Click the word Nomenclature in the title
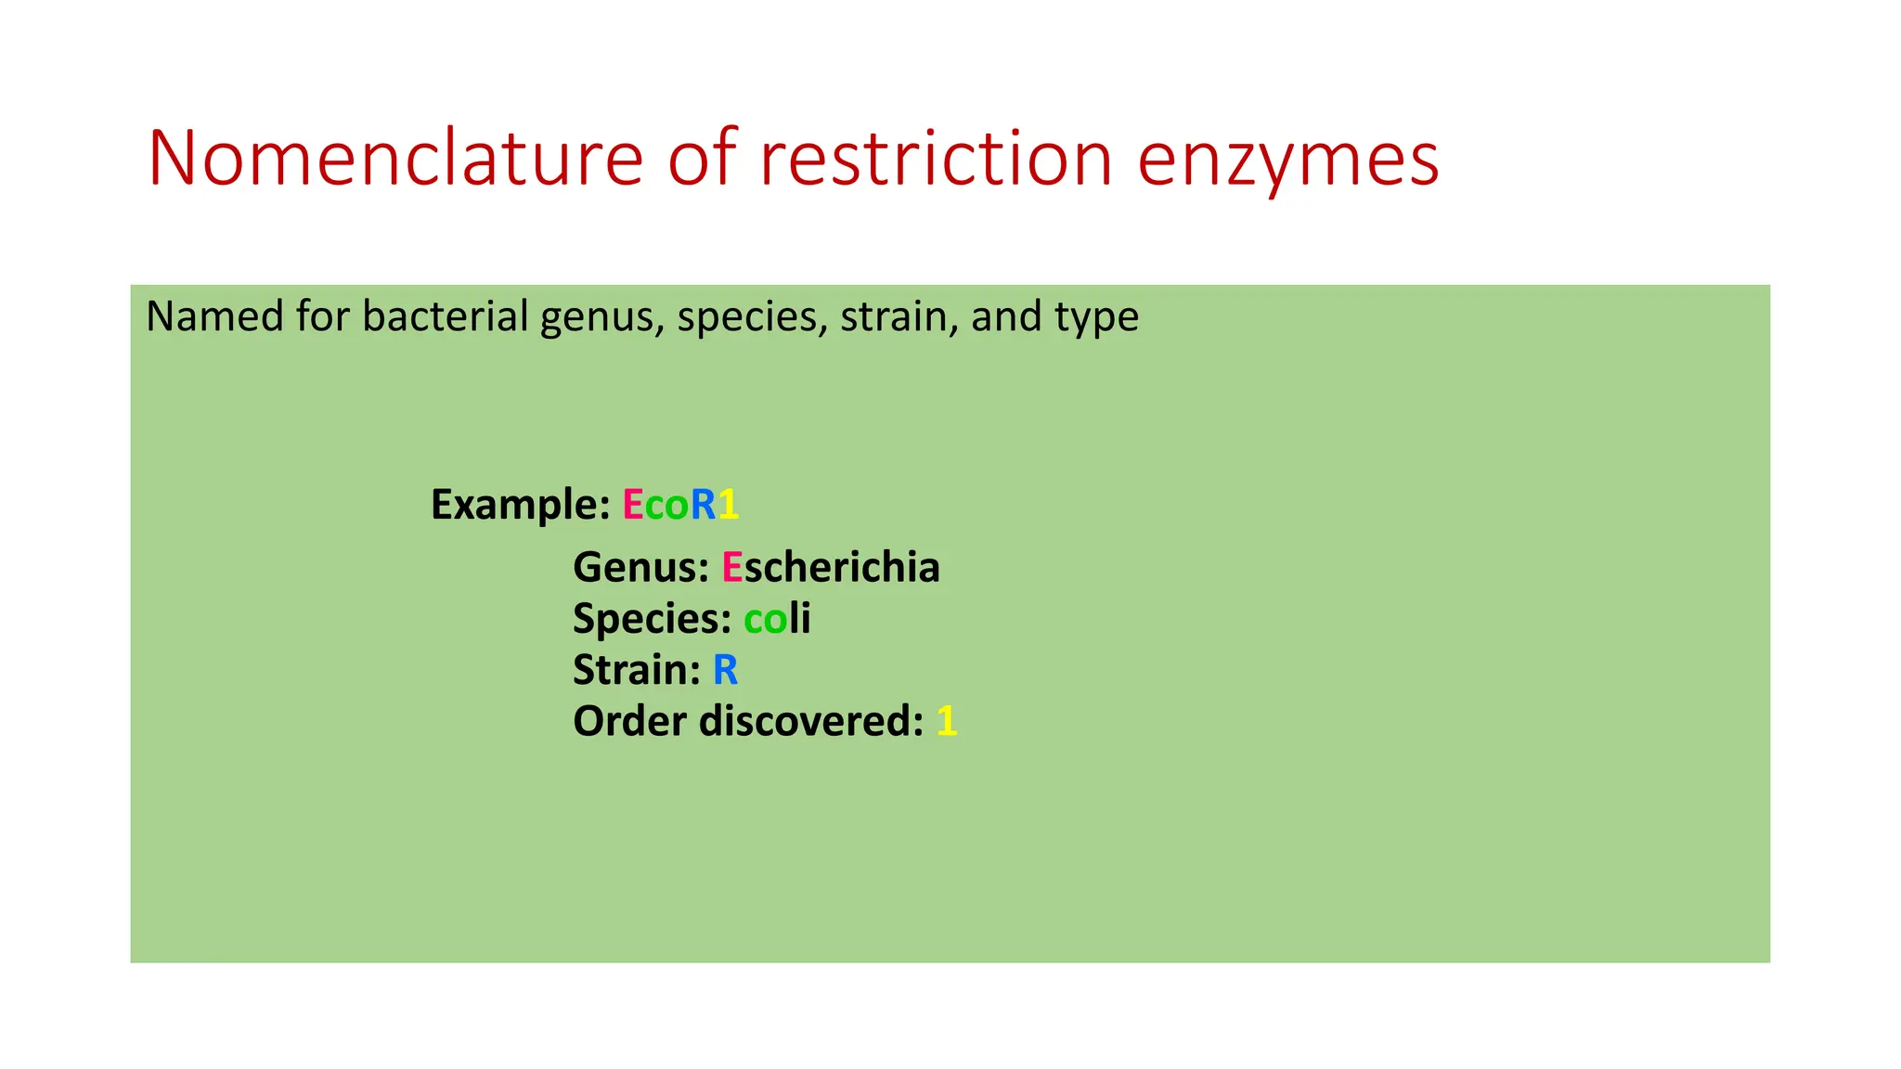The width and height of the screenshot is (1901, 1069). click(394, 158)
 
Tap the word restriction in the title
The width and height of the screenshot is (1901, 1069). click(936, 158)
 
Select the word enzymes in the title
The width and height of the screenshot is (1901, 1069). click(1287, 160)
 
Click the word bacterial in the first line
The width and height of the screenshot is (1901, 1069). click(445, 316)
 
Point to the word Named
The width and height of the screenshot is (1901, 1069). click(214, 316)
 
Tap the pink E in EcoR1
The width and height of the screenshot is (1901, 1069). click(632, 505)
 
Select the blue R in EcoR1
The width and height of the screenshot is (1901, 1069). click(703, 505)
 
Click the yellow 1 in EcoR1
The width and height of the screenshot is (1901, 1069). click(729, 505)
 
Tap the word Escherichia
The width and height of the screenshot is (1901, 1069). click(831, 567)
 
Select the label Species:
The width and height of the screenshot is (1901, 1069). click(652, 619)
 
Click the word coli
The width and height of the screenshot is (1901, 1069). click(777, 618)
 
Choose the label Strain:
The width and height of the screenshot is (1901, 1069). click(636, 670)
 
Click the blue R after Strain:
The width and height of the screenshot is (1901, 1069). click(725, 670)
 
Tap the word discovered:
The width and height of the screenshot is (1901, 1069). click(811, 721)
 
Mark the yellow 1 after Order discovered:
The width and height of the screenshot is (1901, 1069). click(946, 721)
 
